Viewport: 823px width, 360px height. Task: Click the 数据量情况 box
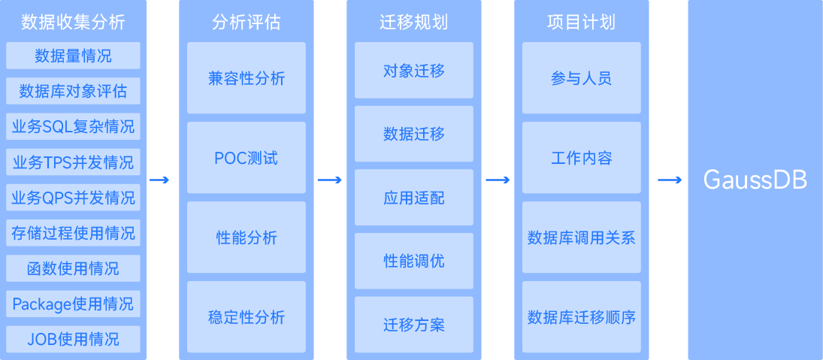73,56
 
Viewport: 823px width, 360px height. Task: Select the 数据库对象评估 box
73,92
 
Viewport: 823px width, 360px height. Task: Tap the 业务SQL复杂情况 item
73,127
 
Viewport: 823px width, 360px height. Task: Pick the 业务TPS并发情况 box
73,162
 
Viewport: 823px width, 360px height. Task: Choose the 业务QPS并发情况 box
73,198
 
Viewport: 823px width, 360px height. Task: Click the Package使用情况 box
73,304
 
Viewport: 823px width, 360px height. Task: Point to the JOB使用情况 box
73,339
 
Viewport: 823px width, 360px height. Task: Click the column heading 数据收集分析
73,23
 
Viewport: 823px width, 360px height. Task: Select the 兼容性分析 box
247,78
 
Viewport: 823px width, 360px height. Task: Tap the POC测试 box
247,158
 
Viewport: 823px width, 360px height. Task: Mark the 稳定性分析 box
247,317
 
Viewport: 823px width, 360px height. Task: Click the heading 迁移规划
413,23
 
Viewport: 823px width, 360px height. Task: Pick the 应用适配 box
414,198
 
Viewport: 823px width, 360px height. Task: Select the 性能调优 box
414,261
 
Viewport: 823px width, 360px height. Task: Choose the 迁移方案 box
414,325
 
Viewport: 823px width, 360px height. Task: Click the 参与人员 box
582,78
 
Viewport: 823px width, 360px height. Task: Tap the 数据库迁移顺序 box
582,317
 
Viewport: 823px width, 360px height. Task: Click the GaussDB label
755,180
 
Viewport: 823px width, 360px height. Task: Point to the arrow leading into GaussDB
669,180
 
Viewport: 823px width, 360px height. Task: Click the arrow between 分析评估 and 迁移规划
329,180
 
